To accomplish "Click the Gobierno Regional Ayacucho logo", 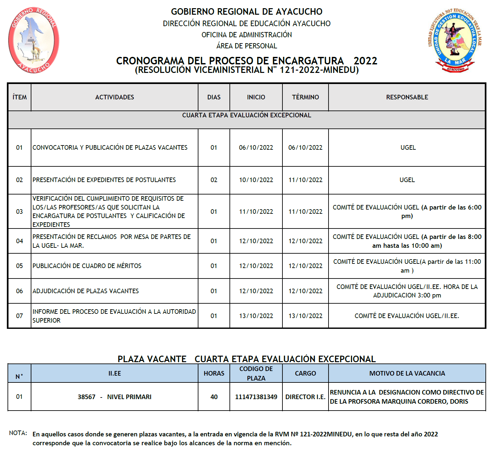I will point(34,40).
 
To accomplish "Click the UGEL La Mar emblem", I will point(455,40).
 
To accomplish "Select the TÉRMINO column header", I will point(305,97).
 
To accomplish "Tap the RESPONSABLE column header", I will point(407,97).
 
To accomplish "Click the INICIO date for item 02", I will point(256,180).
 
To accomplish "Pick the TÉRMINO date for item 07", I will point(305,316).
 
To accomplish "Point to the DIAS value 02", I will point(214,180).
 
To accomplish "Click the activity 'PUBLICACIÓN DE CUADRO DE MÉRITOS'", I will point(87,266).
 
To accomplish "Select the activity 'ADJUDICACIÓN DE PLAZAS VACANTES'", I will point(86,291).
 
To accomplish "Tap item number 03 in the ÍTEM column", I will point(20,211).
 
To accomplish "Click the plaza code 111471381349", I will point(256,397).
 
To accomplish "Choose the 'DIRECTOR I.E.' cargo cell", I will point(305,397).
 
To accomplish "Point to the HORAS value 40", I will point(214,397).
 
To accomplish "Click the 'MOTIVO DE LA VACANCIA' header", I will point(407,373).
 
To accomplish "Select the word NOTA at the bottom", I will point(18,433).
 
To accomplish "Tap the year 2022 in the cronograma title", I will point(365,61).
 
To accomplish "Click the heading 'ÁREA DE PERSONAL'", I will point(246,46).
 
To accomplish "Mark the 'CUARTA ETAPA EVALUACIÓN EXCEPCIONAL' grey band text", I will point(246,115).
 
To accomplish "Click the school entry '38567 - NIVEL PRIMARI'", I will point(114,397).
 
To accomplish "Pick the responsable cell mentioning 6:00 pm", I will point(407,211).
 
